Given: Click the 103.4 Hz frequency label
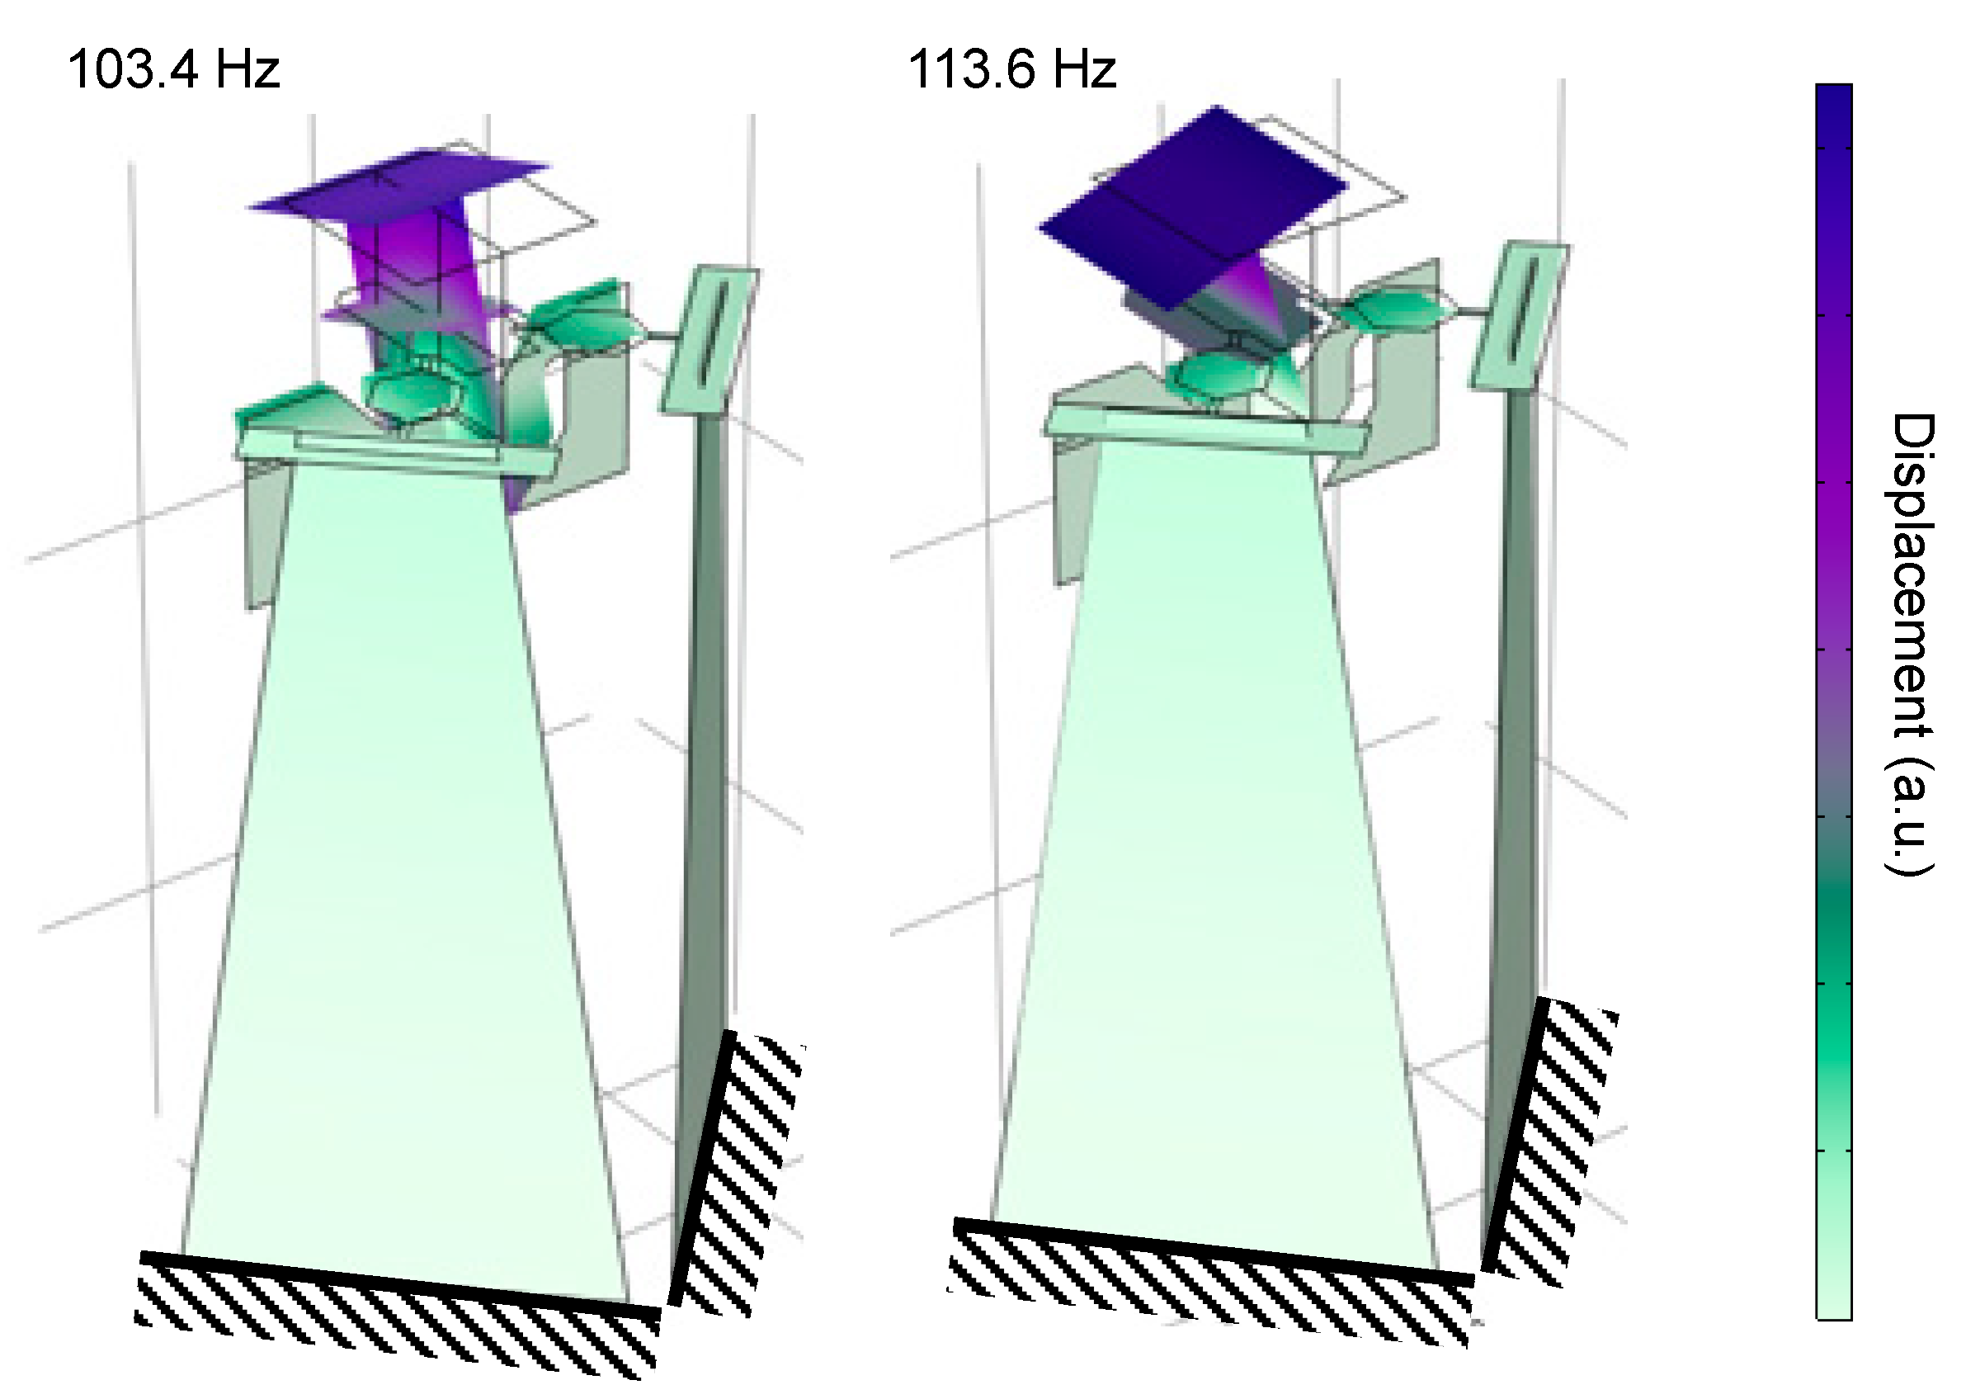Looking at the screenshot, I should click(x=173, y=69).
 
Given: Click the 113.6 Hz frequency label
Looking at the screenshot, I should click(x=1011, y=69).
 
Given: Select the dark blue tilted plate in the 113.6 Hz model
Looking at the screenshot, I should click(x=1190, y=207).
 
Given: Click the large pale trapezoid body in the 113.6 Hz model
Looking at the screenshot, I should click(x=1216, y=863).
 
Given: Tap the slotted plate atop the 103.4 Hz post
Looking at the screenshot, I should click(x=709, y=341).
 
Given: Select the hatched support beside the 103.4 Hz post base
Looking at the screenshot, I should click(x=742, y=1182).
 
